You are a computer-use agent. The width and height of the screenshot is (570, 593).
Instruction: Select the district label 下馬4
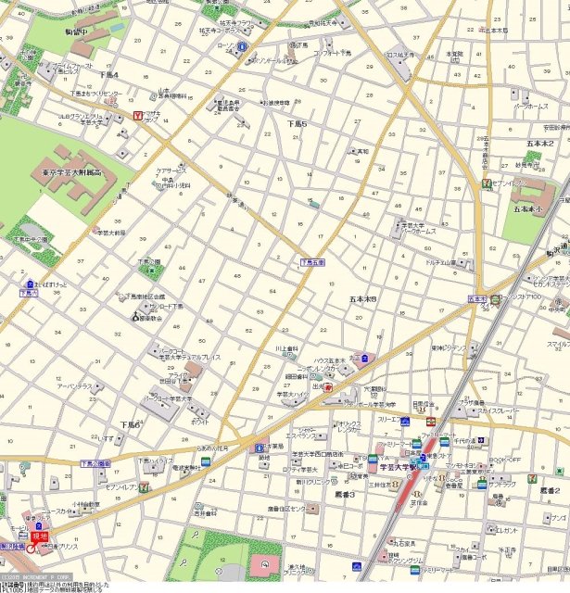tap(108, 74)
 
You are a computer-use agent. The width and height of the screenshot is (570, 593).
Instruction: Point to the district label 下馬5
tap(296, 123)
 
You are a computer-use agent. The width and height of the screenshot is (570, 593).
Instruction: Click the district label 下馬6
tap(130, 424)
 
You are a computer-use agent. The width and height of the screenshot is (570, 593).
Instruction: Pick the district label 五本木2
tap(540, 144)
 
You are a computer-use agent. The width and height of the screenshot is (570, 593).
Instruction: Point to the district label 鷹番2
tap(549, 489)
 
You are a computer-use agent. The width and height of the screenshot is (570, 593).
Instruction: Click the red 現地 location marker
tap(39, 536)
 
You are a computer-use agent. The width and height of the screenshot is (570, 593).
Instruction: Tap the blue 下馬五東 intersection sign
tap(313, 263)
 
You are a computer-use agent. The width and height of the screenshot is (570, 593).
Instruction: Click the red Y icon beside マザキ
tap(138, 116)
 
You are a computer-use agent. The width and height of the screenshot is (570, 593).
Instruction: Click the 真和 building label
tap(362, 151)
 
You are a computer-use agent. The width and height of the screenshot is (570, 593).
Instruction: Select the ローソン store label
tap(223, 44)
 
